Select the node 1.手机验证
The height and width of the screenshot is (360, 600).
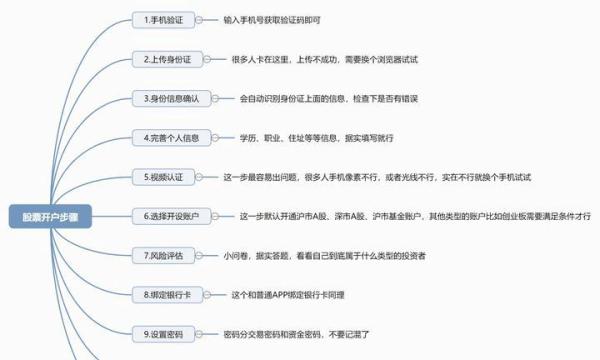coord(166,20)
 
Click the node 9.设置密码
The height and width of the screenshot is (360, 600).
coord(166,333)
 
